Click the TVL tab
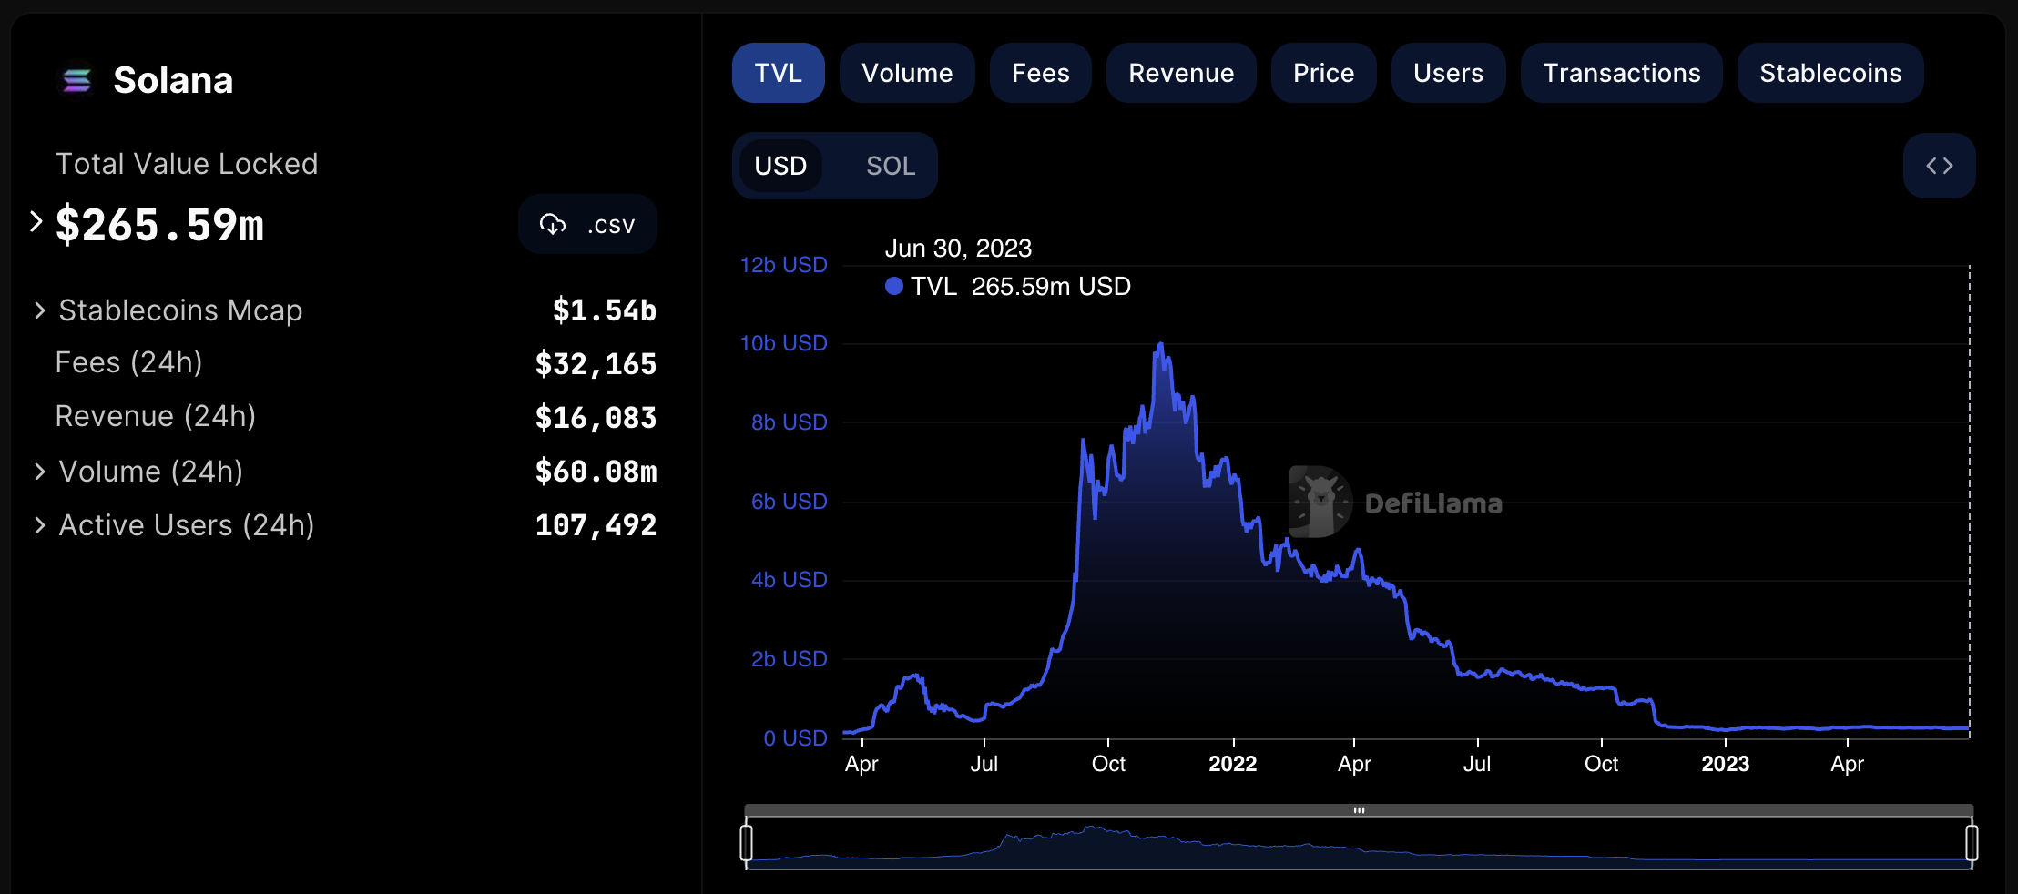[x=778, y=73]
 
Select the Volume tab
[x=907, y=73]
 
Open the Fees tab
[x=1040, y=73]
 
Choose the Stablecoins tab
[x=1829, y=73]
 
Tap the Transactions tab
[x=1621, y=73]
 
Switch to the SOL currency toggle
[x=890, y=166]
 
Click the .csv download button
[x=587, y=224]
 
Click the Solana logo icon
[x=77, y=81]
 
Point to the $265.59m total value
[x=159, y=225]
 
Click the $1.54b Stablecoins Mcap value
[x=604, y=310]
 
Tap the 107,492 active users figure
[x=596, y=525]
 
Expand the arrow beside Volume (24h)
[x=39, y=472]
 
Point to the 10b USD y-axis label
[x=783, y=343]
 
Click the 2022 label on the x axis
[x=1232, y=764]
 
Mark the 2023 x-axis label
[x=1725, y=764]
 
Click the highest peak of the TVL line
[x=1160, y=344]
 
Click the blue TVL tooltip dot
[x=894, y=287]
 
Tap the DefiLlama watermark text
[x=1433, y=503]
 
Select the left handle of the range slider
[x=747, y=842]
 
